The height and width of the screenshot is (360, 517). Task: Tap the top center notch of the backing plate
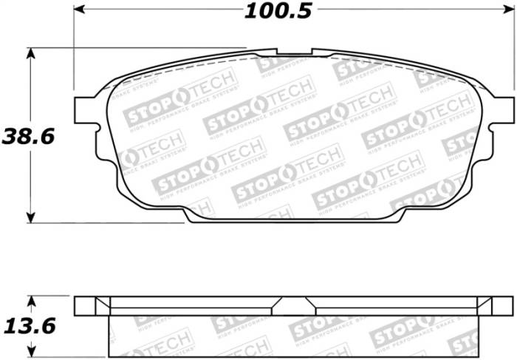295,52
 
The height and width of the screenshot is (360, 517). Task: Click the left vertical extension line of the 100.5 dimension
74,44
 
